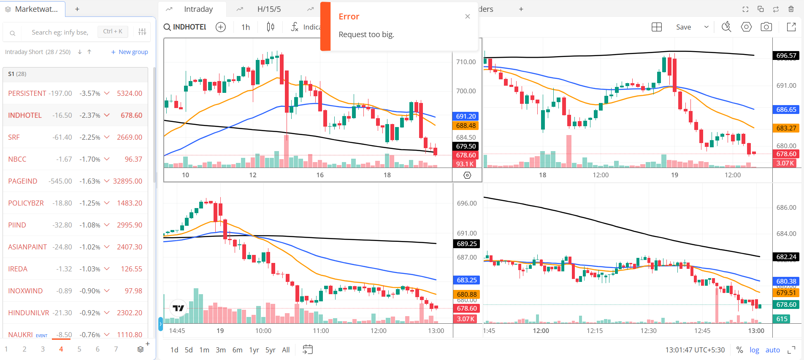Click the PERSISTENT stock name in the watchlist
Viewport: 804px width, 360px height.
27,93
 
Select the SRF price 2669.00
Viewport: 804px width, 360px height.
129,137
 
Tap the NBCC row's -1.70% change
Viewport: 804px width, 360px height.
90,159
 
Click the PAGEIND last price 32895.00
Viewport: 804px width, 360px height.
127,181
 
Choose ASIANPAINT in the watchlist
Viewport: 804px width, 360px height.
27,247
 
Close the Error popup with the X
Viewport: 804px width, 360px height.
467,16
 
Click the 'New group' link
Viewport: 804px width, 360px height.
130,52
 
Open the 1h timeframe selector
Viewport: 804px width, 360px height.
246,27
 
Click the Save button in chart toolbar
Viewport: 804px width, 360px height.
683,27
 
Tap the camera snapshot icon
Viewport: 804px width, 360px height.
766,27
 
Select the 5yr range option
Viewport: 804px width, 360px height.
270,350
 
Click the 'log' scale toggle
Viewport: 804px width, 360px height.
754,350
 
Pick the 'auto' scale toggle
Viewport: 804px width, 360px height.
772,350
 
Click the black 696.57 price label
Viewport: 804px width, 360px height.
786,55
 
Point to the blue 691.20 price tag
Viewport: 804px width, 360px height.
466,116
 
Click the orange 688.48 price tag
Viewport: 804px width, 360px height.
466,125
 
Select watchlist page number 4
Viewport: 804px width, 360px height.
61,349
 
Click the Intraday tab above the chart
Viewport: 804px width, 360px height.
198,9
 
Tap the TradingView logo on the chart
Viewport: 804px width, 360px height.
179,308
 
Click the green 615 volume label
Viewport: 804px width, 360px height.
782,319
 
